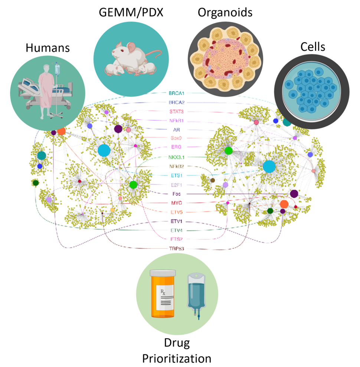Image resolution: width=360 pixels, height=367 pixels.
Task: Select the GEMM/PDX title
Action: point(131,13)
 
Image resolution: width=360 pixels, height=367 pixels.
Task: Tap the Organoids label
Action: point(225,13)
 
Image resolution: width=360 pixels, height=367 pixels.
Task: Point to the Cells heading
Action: point(312,47)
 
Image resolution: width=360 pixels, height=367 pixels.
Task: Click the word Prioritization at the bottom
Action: point(177,358)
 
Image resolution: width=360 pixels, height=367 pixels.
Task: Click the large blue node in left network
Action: point(104,150)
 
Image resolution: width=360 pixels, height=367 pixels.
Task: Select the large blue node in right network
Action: point(269,166)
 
